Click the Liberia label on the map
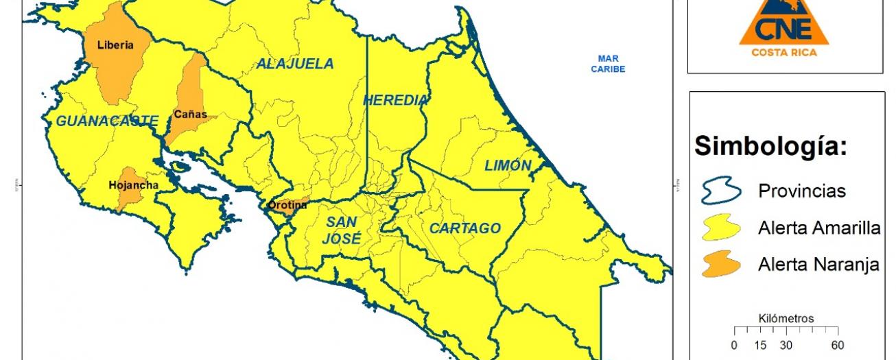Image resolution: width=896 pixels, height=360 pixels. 115,46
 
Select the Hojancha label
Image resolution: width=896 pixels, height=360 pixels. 133,185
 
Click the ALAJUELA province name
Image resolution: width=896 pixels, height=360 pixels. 295,64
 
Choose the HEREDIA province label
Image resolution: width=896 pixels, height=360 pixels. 395,100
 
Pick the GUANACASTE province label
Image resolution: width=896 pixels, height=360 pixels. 107,121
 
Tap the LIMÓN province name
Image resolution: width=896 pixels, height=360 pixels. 508,165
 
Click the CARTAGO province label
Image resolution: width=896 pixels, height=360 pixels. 465,228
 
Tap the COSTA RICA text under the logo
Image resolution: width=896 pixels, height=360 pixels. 784,52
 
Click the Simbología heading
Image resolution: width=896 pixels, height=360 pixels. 771,146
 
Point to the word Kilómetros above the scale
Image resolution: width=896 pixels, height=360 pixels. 786,319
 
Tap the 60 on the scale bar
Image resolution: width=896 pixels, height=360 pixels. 837,346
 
